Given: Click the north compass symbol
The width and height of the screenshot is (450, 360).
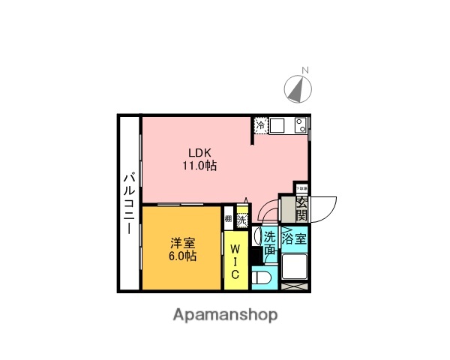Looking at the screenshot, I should (x=299, y=90).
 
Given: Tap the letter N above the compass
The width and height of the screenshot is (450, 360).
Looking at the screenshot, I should (x=304, y=71).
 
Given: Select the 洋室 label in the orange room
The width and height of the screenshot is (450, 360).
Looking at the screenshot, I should (x=182, y=242).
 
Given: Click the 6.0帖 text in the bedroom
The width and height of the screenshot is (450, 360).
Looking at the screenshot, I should (x=182, y=256).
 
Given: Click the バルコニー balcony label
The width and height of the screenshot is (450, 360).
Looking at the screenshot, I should (x=128, y=202).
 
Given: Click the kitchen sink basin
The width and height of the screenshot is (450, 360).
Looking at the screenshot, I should (x=277, y=125).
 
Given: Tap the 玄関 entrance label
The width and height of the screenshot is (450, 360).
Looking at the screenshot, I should (x=301, y=208).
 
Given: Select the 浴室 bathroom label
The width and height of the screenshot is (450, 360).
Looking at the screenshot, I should (x=295, y=239).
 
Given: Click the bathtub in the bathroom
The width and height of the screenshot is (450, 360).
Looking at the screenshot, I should (x=295, y=267).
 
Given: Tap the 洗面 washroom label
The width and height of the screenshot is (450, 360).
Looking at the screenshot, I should (x=270, y=242).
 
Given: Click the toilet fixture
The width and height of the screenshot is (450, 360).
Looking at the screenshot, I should (x=262, y=279).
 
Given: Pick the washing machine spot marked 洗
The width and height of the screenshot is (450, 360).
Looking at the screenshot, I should (x=241, y=221).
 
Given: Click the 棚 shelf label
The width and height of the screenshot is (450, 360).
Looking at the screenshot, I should (x=228, y=221).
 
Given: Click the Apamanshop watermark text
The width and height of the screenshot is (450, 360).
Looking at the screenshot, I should (x=225, y=314).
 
